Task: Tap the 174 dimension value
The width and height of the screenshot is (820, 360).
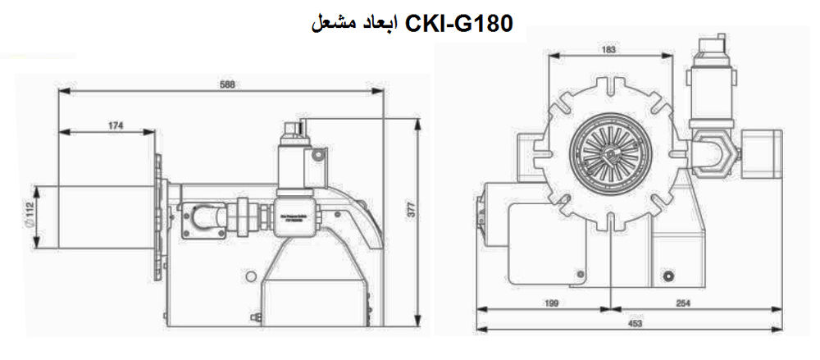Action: click(x=115, y=125)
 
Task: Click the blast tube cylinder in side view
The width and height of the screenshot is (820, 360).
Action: click(x=94, y=216)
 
